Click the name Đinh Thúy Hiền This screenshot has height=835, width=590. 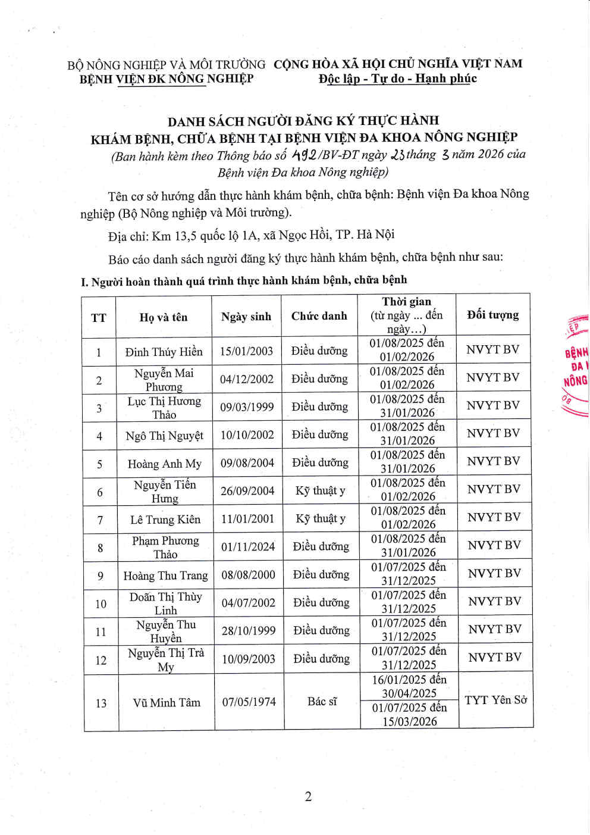[164, 352]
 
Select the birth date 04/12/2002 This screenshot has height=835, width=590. [247, 379]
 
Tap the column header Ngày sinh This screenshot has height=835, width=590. [246, 317]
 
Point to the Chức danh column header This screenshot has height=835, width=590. [319, 316]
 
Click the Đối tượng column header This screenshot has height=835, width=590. [492, 315]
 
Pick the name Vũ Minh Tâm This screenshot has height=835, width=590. [167, 702]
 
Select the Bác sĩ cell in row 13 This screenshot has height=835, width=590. [322, 702]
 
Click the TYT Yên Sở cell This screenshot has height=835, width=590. [495, 700]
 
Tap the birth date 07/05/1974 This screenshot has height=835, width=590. [249, 702]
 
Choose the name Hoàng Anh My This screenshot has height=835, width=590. [164, 464]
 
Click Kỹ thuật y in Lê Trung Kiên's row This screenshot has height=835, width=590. [321, 519]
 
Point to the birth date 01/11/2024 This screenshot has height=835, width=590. [248, 546]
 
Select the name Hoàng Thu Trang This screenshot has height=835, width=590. [165, 576]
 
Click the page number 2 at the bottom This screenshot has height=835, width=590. [308, 797]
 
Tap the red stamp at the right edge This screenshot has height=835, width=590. [576, 366]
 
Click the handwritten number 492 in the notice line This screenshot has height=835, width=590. [304, 155]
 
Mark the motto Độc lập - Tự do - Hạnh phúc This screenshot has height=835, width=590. [397, 79]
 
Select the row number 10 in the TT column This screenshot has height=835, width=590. [101, 603]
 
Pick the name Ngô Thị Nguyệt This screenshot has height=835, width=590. [164, 436]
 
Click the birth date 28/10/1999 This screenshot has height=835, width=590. [249, 630]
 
